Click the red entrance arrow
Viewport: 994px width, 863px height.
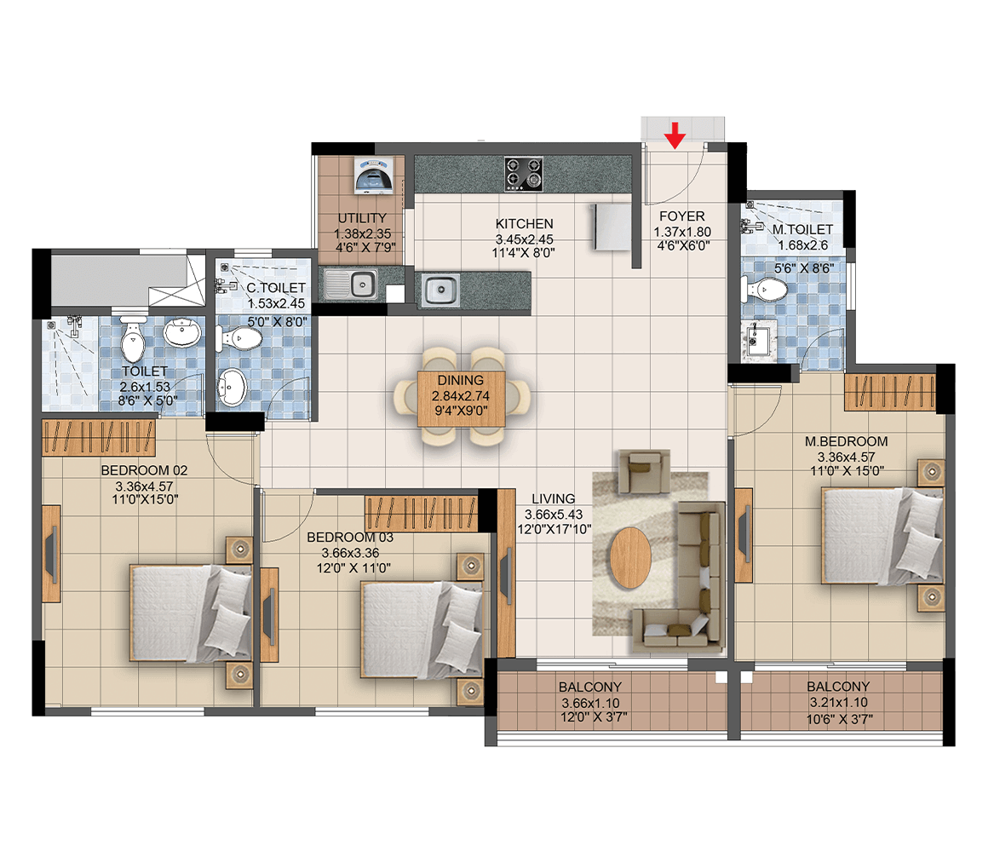675,135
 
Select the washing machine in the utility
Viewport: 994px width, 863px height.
373,175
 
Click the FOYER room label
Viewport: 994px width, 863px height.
681,216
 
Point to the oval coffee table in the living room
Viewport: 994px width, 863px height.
630,558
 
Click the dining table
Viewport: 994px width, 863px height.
462,399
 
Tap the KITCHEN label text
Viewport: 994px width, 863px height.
525,224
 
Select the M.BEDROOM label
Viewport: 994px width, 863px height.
847,441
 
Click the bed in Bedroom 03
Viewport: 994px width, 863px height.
422,630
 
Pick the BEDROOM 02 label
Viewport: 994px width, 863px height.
145,470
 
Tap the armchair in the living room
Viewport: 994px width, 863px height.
644,472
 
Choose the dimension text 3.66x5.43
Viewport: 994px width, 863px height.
554,515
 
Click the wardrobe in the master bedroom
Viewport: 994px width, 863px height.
890,393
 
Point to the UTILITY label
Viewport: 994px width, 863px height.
362,218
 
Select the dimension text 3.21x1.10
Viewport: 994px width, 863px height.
839,703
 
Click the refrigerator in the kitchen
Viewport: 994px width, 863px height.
612,227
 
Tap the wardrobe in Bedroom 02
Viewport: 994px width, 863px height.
99,438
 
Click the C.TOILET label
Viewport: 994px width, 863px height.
276,288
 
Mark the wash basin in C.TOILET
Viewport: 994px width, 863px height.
232,386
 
